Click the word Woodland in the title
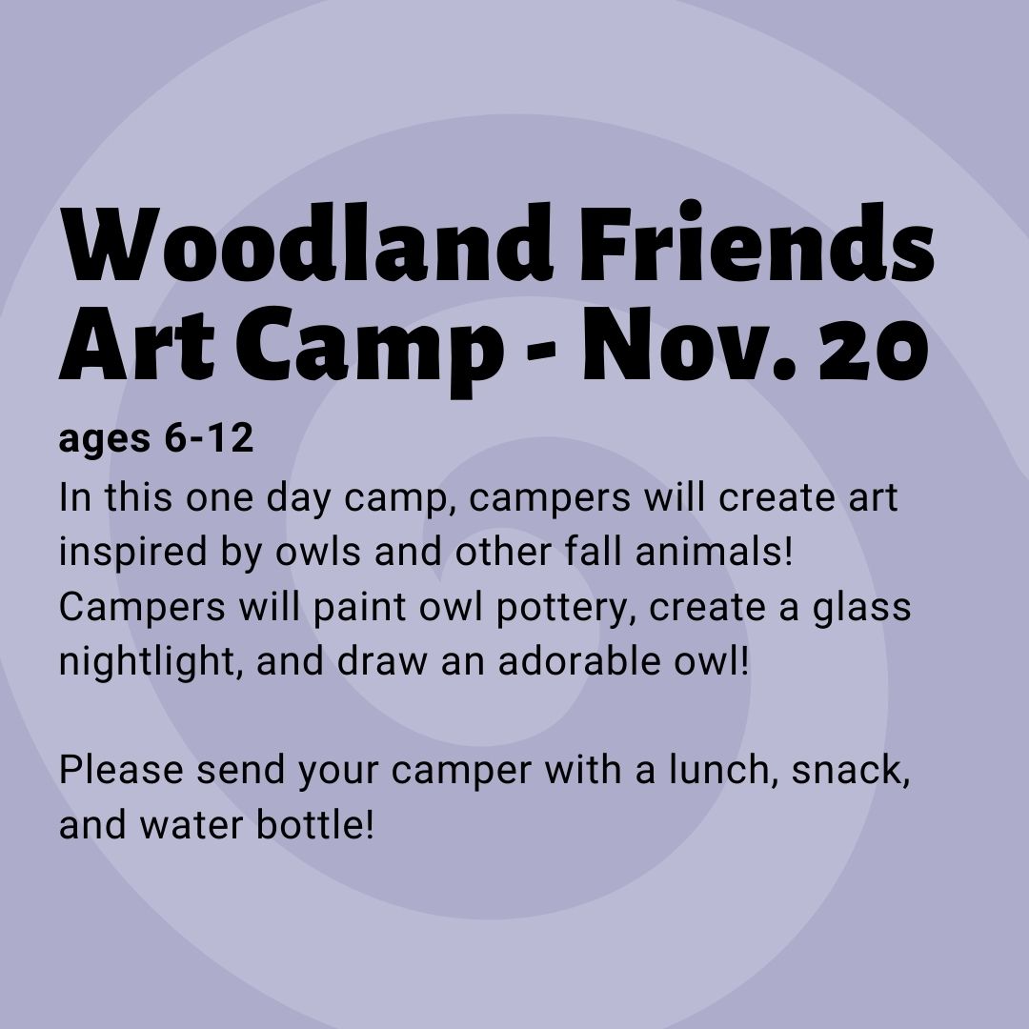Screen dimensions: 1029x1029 pyautogui.click(x=307, y=243)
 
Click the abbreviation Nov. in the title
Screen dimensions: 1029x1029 pyautogui.click(x=689, y=345)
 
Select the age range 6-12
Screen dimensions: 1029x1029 pyautogui.click(x=209, y=437)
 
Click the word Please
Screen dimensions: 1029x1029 pyautogui.click(x=121, y=769)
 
